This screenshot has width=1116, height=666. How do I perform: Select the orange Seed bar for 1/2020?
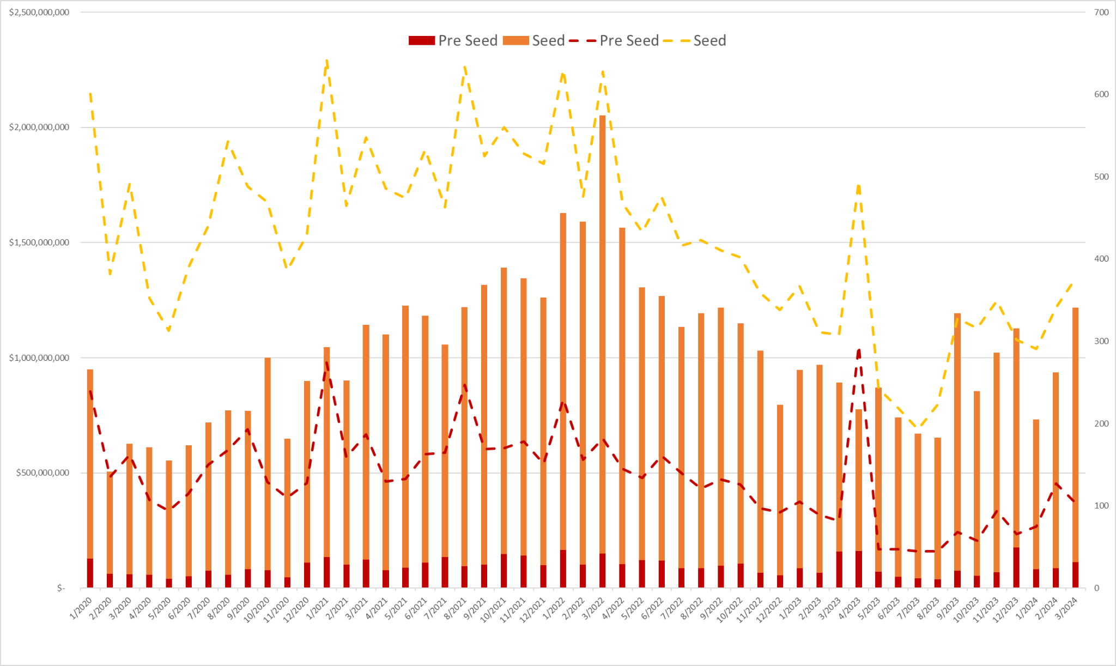pos(90,463)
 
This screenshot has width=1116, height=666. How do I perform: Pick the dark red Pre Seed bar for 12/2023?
pos(1016,567)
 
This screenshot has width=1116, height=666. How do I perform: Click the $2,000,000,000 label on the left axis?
pos(39,128)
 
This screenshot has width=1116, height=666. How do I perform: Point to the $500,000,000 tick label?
pos(43,473)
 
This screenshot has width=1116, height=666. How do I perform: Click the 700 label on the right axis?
pos(1101,13)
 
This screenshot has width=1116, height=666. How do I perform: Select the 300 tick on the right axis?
pos(1101,341)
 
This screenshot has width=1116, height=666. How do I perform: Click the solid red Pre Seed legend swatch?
pos(421,41)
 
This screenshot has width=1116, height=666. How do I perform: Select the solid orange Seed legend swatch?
pos(515,41)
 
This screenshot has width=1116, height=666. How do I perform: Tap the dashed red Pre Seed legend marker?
pos(582,41)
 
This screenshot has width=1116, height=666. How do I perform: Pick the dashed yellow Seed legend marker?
pos(676,41)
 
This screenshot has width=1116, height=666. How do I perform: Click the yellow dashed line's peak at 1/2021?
pos(326,61)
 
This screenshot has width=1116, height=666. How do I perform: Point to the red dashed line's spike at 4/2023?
pos(859,350)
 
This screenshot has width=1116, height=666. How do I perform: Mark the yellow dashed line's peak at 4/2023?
pos(858,185)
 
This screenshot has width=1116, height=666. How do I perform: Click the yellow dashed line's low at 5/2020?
pos(169,330)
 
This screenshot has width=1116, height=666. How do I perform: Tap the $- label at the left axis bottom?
pos(61,588)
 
